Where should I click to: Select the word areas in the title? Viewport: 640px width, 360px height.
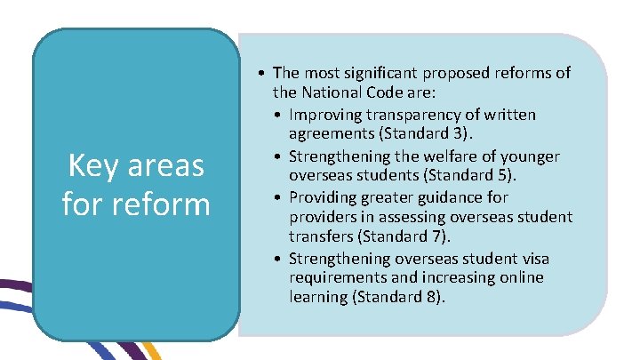tap(166, 166)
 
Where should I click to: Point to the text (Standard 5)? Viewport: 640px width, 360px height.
tap(482, 175)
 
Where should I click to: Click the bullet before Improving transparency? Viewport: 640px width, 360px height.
tap(279, 115)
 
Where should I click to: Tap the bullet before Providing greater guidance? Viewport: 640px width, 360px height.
tap(279, 196)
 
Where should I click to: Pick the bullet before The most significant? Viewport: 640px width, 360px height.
tap(263, 73)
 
